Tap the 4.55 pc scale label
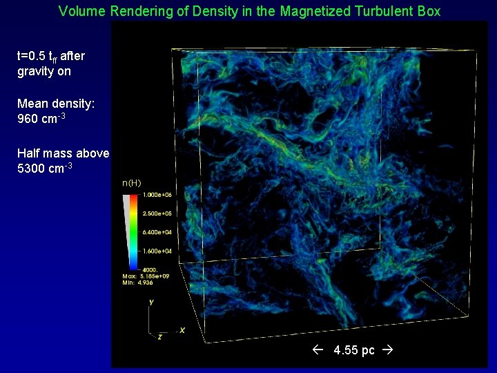click(354, 350)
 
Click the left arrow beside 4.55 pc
click(318, 350)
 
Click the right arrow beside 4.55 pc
click(387, 350)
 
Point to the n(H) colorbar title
click(131, 183)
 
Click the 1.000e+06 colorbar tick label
click(157, 195)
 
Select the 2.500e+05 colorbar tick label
click(157, 214)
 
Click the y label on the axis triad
click(151, 303)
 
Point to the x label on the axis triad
click(182, 330)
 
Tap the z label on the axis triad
click(159, 336)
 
